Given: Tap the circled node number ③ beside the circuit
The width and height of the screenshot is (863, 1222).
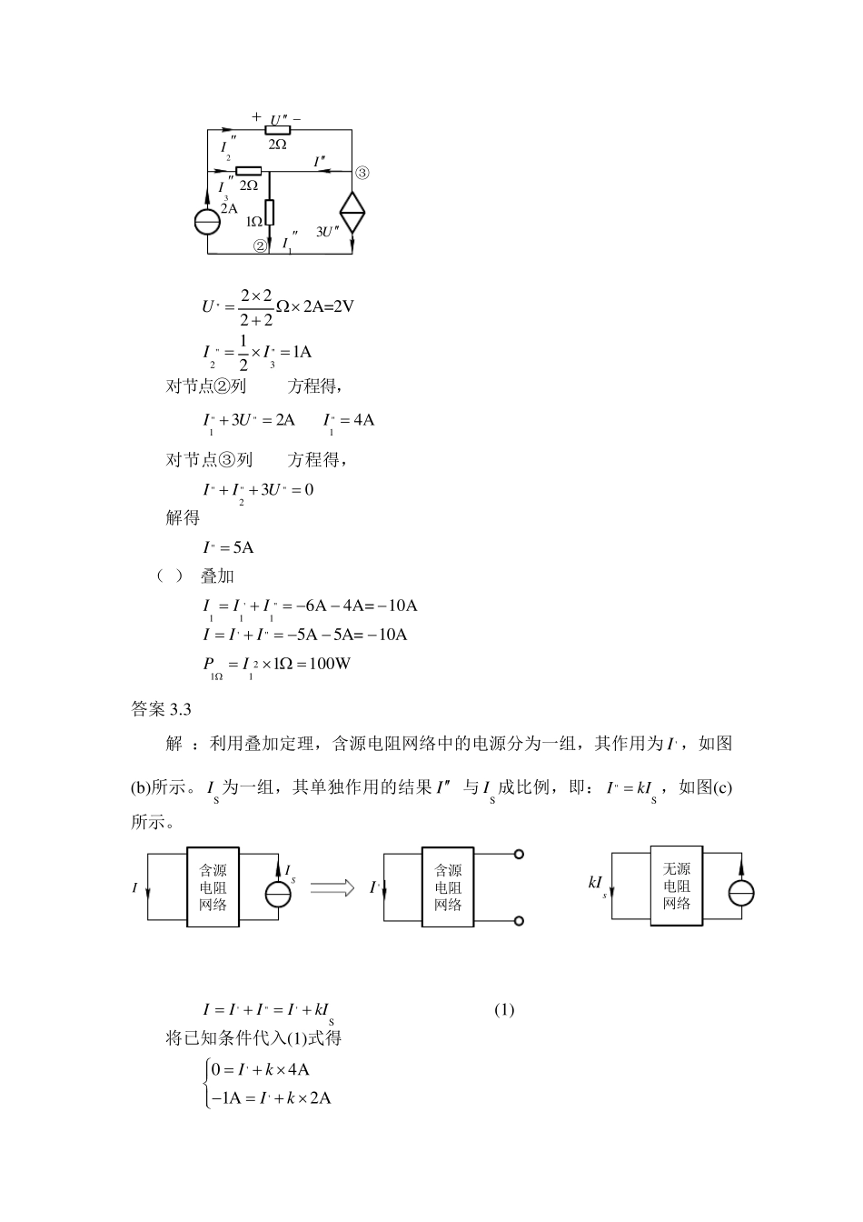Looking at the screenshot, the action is tap(362, 172).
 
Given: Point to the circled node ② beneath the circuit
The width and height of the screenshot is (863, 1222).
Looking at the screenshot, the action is tap(260, 245).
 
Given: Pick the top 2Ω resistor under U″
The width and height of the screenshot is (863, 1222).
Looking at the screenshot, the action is tap(277, 130).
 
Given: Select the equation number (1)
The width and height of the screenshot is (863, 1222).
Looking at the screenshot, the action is tap(504, 1009).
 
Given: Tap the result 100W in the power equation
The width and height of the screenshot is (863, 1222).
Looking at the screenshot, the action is tap(330, 663).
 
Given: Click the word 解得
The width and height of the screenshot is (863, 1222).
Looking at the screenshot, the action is tap(183, 518).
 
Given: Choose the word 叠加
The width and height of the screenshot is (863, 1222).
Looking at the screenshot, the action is tap(217, 576).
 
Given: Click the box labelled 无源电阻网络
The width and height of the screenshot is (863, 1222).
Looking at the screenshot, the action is tap(677, 886).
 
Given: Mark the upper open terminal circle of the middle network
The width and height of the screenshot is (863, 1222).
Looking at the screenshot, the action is tap(519, 855).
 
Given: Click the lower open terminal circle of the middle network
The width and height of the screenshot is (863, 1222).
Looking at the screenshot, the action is tap(519, 921).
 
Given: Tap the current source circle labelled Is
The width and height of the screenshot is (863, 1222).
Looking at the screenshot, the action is tap(278, 894).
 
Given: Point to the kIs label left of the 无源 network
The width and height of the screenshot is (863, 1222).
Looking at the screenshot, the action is tap(597, 883).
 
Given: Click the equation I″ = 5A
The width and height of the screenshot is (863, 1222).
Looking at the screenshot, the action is tap(228, 547).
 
